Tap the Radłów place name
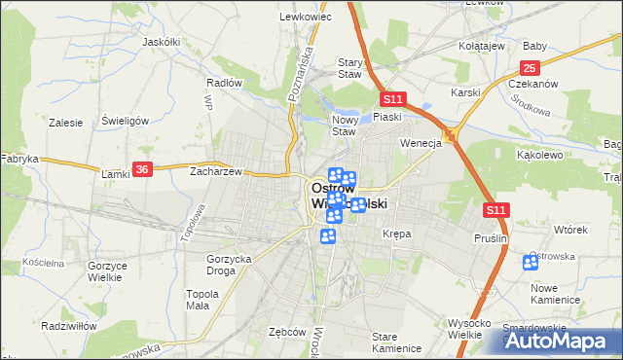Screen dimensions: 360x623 click(x=224, y=83)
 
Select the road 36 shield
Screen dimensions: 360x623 click(x=143, y=169)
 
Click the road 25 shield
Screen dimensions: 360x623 click(x=530, y=67)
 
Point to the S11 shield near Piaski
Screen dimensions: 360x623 click(x=392, y=99)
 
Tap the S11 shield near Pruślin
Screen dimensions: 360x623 click(x=495, y=209)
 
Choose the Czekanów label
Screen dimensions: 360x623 click(x=532, y=85)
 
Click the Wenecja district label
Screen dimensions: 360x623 click(x=421, y=142)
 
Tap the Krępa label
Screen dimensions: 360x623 click(x=397, y=234)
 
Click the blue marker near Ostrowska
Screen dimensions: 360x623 click(x=531, y=263)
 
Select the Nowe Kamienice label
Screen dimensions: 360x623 click(x=556, y=293)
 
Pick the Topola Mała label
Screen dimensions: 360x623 click(x=202, y=299)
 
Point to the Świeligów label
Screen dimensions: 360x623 click(x=125, y=122)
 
